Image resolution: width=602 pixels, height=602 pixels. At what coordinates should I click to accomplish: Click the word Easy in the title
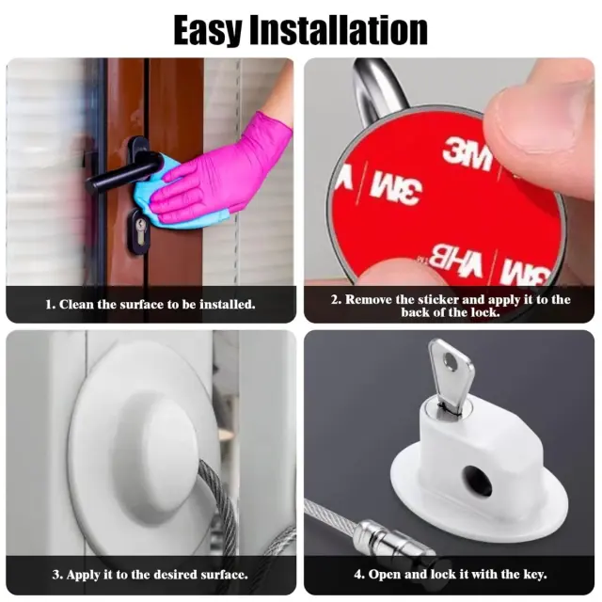207,31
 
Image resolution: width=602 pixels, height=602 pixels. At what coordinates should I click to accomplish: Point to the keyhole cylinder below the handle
139,231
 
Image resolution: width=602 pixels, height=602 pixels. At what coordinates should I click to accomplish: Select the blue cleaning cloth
173,196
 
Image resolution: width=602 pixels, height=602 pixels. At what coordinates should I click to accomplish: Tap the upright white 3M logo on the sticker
467,154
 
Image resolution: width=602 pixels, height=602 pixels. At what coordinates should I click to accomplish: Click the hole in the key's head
450,361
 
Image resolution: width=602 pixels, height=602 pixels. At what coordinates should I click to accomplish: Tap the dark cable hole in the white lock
476,480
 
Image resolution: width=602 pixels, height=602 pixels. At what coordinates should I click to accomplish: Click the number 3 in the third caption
55,575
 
